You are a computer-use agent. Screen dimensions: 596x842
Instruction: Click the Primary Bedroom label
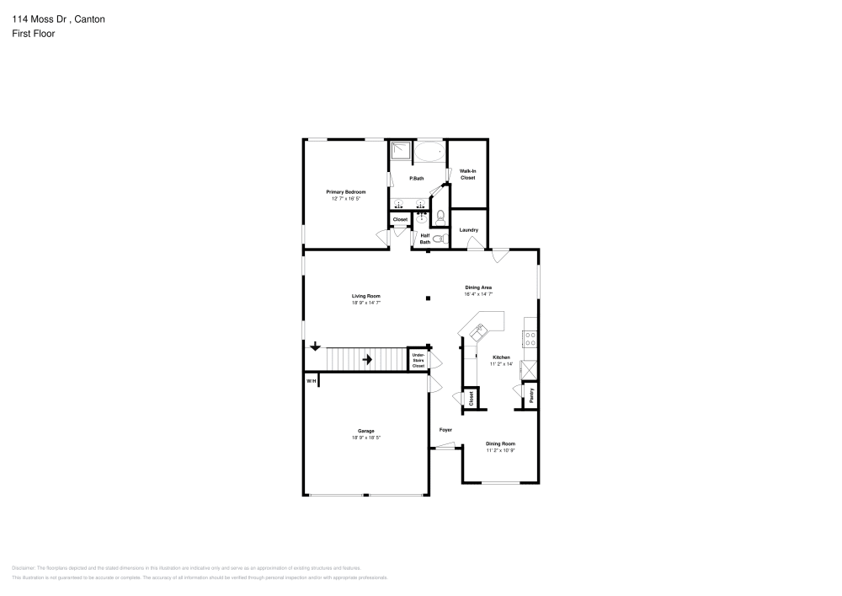pos(345,192)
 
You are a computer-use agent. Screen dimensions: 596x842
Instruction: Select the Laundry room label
pos(468,230)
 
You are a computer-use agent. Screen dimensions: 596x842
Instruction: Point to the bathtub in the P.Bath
pos(429,153)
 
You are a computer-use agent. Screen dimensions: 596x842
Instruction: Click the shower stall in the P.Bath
pos(401,152)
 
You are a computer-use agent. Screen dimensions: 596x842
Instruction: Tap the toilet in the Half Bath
pos(437,239)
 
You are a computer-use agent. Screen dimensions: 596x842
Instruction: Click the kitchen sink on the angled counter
pos(479,332)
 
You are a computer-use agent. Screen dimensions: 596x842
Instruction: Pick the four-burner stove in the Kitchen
pos(530,338)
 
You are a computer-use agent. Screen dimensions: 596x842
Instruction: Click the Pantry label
pos(530,395)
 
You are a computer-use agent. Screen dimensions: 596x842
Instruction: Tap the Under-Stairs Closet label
pos(418,360)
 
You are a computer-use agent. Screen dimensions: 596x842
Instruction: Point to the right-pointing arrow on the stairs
pos(367,359)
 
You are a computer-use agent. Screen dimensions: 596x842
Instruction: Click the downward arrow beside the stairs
pos(315,346)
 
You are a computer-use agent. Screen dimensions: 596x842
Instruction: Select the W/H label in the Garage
pos(311,382)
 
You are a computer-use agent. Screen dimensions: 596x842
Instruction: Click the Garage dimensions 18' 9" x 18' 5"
pos(366,438)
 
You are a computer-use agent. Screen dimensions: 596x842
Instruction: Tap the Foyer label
pos(445,430)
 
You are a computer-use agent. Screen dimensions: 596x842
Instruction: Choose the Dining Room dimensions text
pos(500,450)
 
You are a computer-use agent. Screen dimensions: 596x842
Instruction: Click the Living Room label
pos(366,296)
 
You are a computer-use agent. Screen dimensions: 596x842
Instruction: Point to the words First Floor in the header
pos(33,34)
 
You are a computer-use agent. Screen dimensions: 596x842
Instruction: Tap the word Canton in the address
pos(88,18)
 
